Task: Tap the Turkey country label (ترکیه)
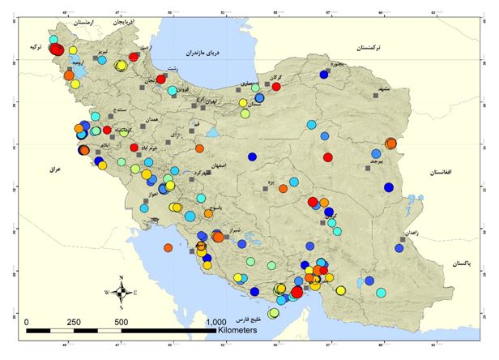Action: pos(33,48)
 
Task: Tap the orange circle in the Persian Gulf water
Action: pos(168,248)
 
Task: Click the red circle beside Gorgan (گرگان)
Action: pos(276,86)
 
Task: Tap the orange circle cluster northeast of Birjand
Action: pos(390,144)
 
